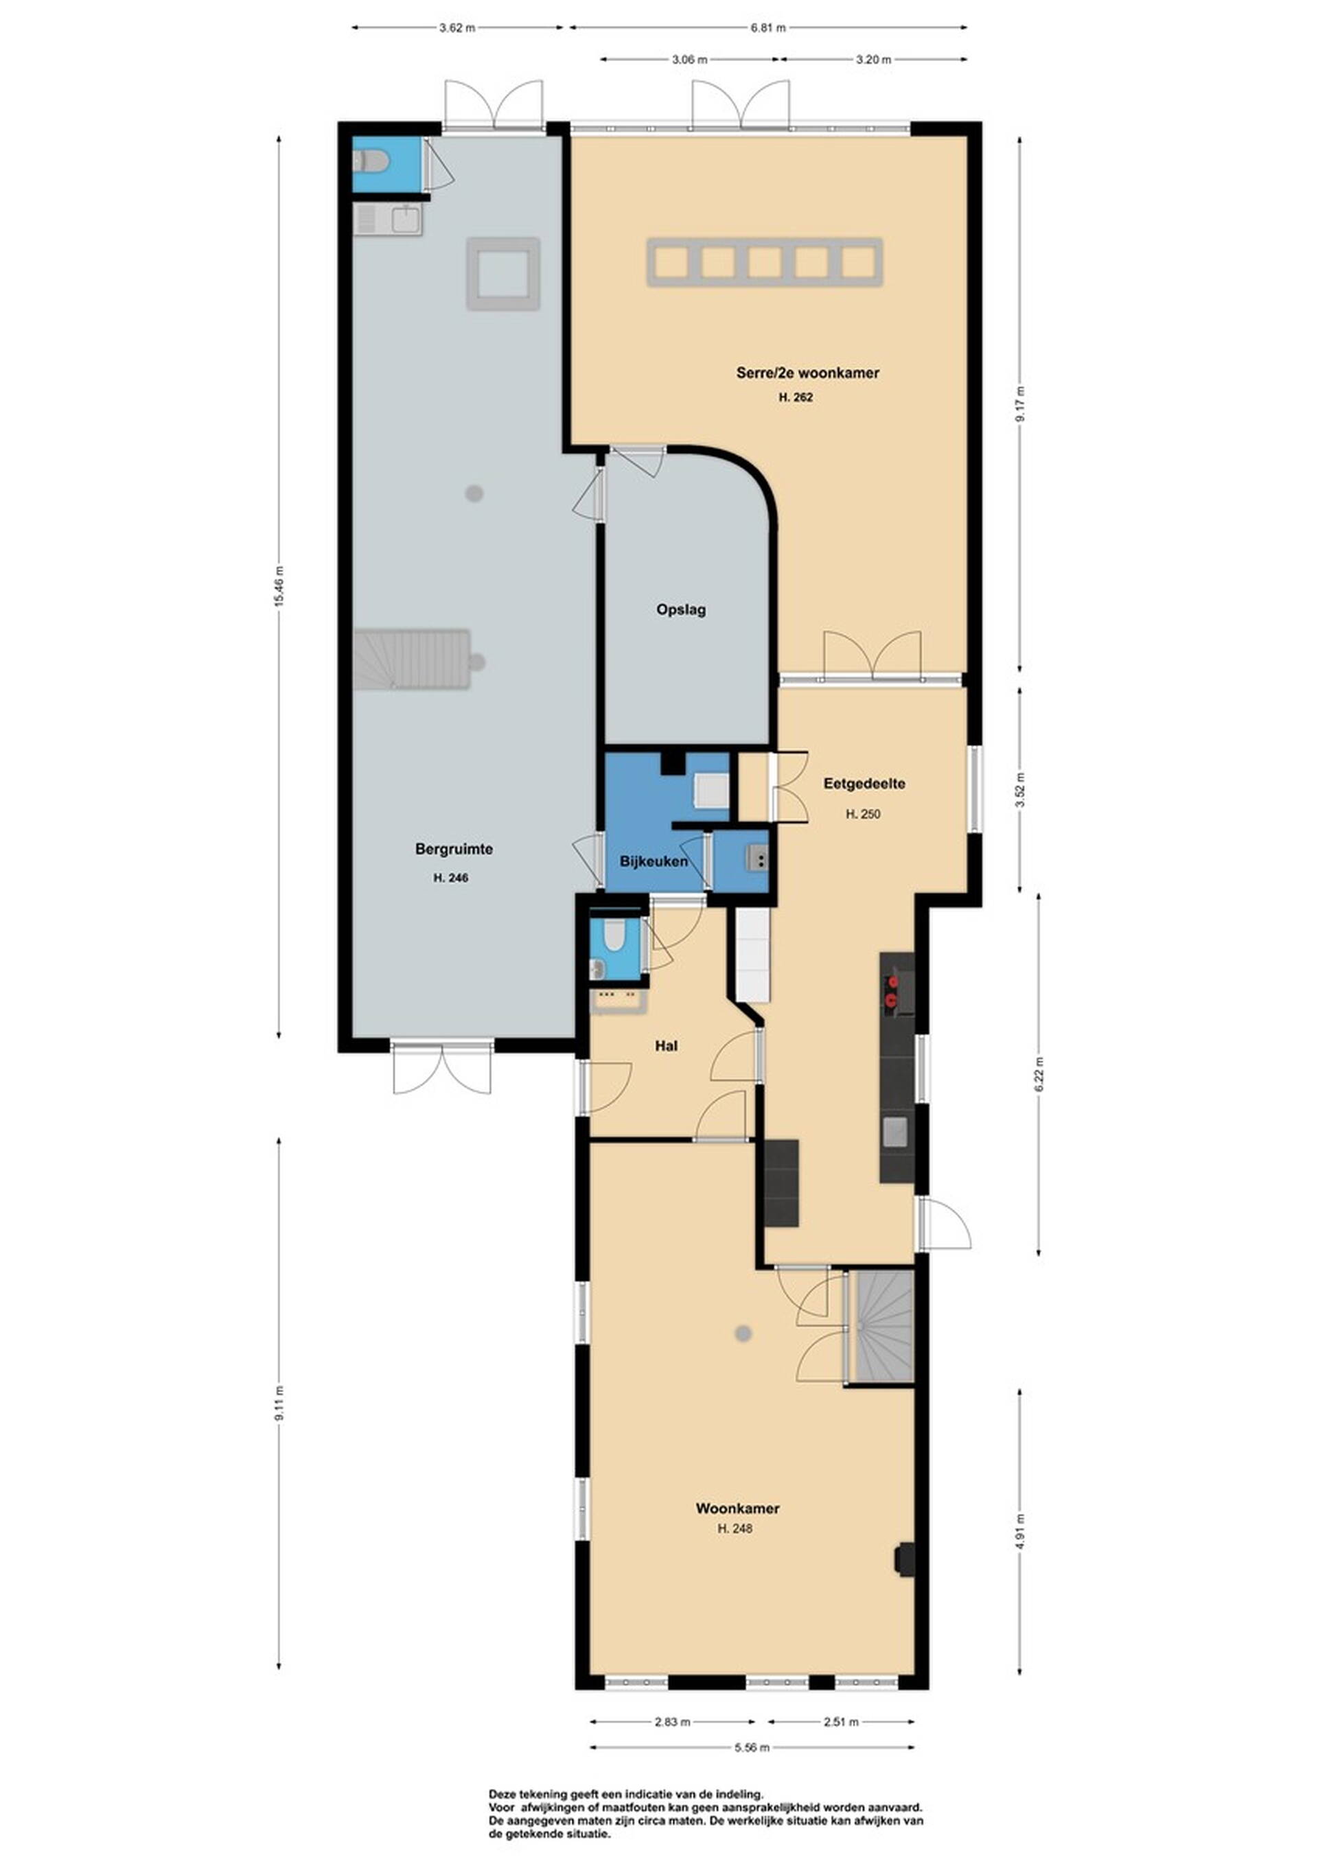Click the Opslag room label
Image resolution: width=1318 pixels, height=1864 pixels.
(x=680, y=609)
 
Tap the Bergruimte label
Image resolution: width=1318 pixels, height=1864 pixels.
(x=454, y=849)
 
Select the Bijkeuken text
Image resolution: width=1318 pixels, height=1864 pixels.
(x=654, y=861)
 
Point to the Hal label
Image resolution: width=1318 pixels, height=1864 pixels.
(x=666, y=1046)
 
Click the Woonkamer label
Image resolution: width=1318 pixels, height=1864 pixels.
(x=737, y=1508)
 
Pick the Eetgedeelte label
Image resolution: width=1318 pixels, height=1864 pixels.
(x=864, y=784)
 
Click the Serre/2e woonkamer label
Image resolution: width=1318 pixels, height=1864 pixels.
(x=807, y=373)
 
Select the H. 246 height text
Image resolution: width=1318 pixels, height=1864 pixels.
(x=451, y=878)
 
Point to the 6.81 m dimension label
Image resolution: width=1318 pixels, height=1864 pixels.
(x=767, y=27)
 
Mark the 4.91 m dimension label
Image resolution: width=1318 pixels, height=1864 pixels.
(x=1020, y=1530)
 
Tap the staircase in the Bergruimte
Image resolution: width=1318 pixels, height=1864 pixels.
(x=412, y=660)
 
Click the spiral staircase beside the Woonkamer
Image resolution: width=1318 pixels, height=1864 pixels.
(x=883, y=1327)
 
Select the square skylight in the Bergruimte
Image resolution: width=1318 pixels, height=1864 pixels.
(x=502, y=274)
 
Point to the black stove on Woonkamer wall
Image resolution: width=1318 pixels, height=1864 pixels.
(x=904, y=1559)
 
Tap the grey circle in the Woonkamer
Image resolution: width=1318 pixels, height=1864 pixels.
(x=742, y=1333)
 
